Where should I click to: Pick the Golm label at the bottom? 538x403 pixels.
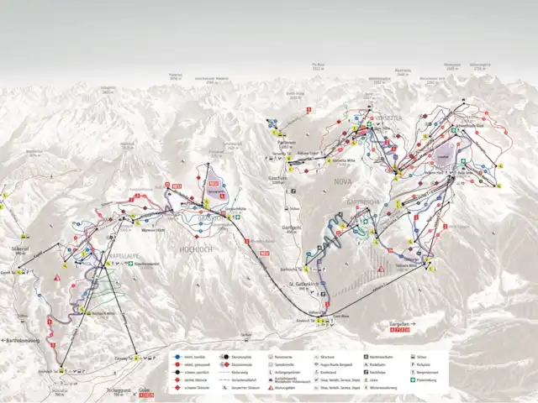click(145, 390)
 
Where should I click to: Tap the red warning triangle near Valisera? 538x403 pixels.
click(381, 268)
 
